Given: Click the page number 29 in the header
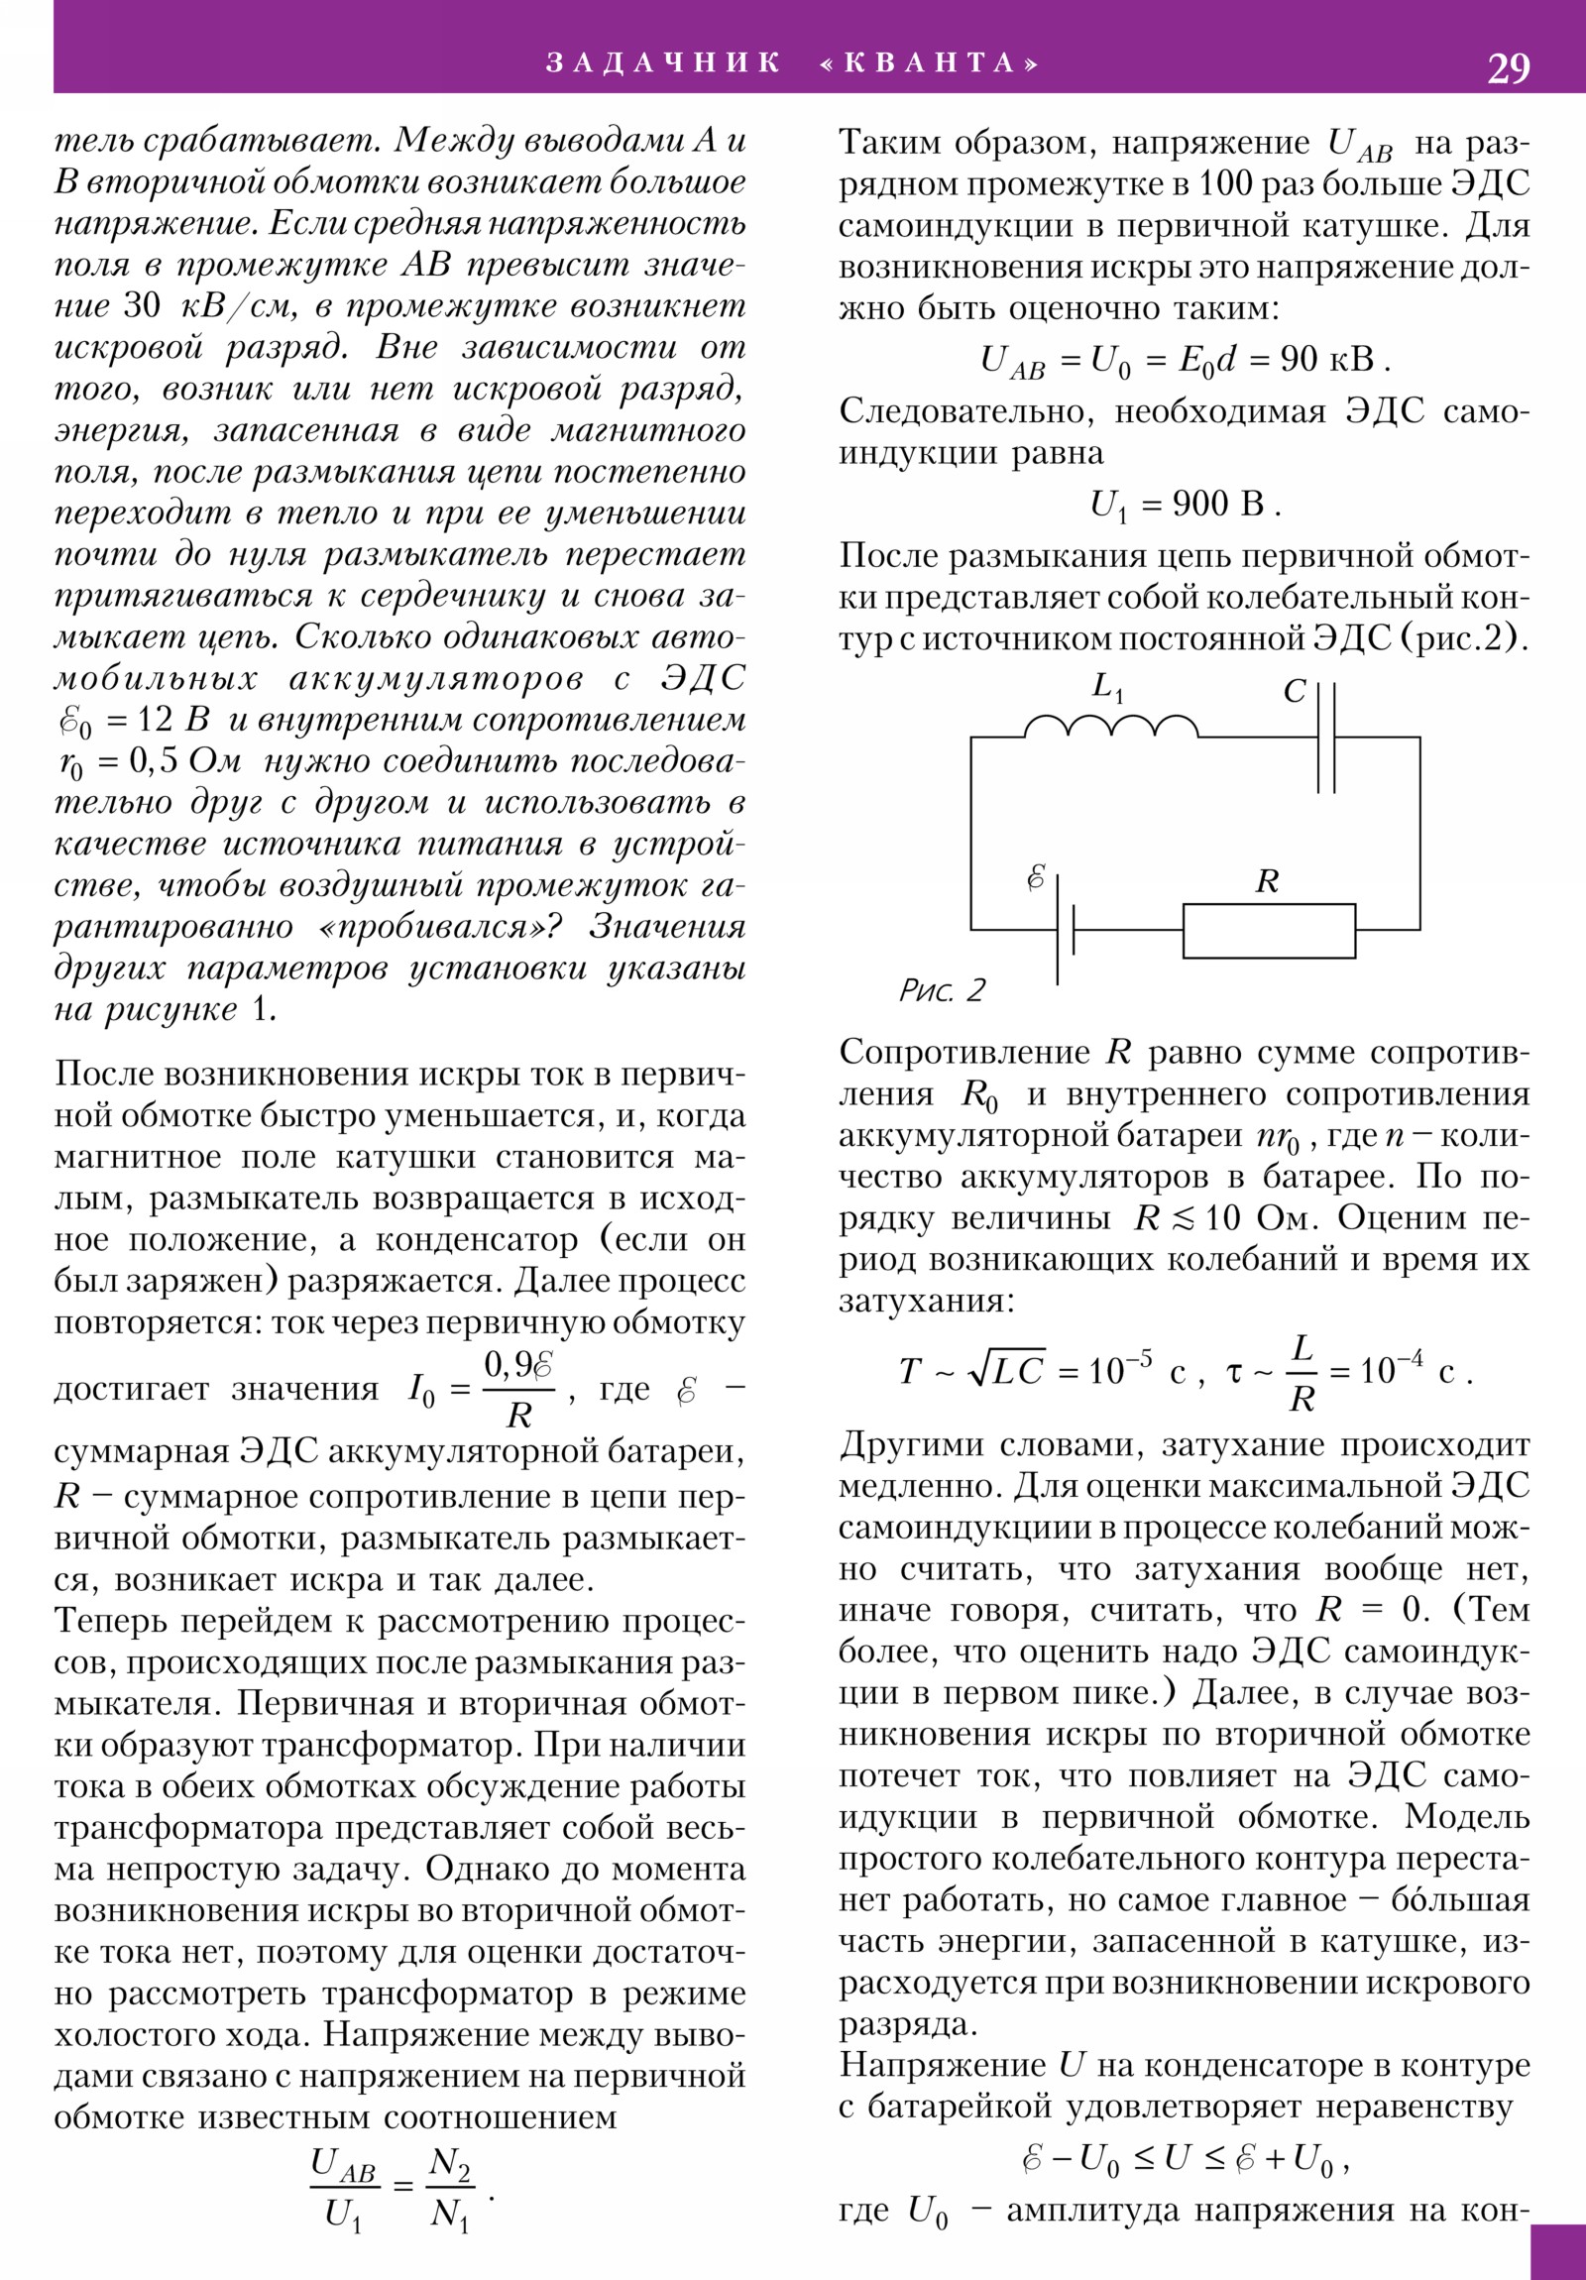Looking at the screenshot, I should [x=1508, y=68].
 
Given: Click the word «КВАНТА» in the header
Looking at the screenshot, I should [x=931, y=63].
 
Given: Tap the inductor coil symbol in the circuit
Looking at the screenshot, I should [x=1111, y=728].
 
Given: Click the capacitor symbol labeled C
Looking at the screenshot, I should [x=1326, y=737].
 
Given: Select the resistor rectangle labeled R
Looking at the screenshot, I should [x=1268, y=931].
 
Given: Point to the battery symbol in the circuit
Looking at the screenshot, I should [x=1066, y=930].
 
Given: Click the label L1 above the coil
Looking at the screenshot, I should [x=1106, y=687].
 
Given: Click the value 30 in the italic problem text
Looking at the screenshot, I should [x=142, y=306].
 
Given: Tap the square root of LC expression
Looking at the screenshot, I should [x=1005, y=1371].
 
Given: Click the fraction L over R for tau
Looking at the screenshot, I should [x=1301, y=1373].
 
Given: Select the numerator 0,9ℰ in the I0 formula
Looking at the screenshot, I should [x=517, y=1365].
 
